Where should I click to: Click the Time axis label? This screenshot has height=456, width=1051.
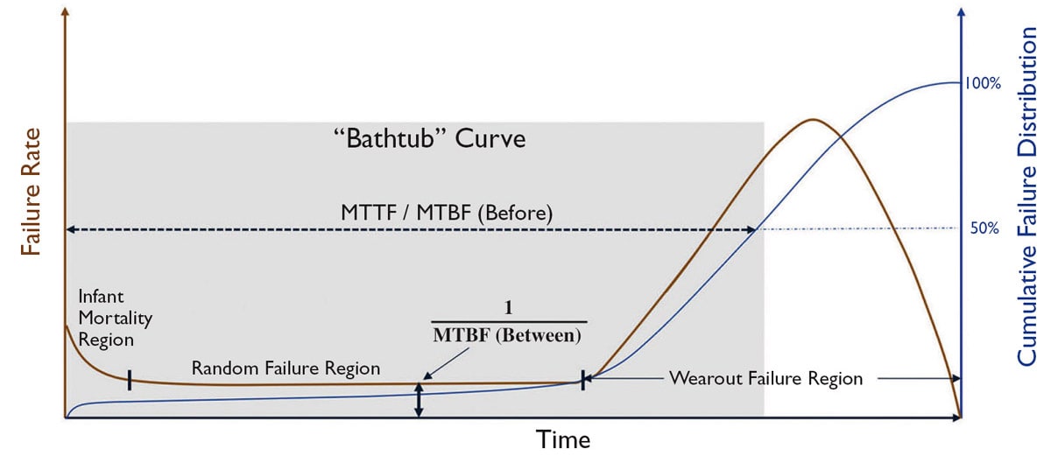[563, 438]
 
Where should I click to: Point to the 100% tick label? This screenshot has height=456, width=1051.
[982, 84]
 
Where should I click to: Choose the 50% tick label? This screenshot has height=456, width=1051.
[985, 229]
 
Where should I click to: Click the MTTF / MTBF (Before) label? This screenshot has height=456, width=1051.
[447, 213]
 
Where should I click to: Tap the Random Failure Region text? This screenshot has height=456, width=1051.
[286, 368]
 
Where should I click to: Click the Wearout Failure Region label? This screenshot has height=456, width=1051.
[766, 379]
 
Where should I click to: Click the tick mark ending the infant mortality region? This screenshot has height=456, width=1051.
[130, 379]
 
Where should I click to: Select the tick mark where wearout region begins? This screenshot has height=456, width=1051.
[582, 381]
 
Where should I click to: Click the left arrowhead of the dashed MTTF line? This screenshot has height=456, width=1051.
[71, 229]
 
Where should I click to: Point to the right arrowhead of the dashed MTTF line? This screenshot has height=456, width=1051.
[751, 229]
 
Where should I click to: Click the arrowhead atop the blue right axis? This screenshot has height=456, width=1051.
[962, 11]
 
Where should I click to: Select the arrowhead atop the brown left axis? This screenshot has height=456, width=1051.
[66, 11]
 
